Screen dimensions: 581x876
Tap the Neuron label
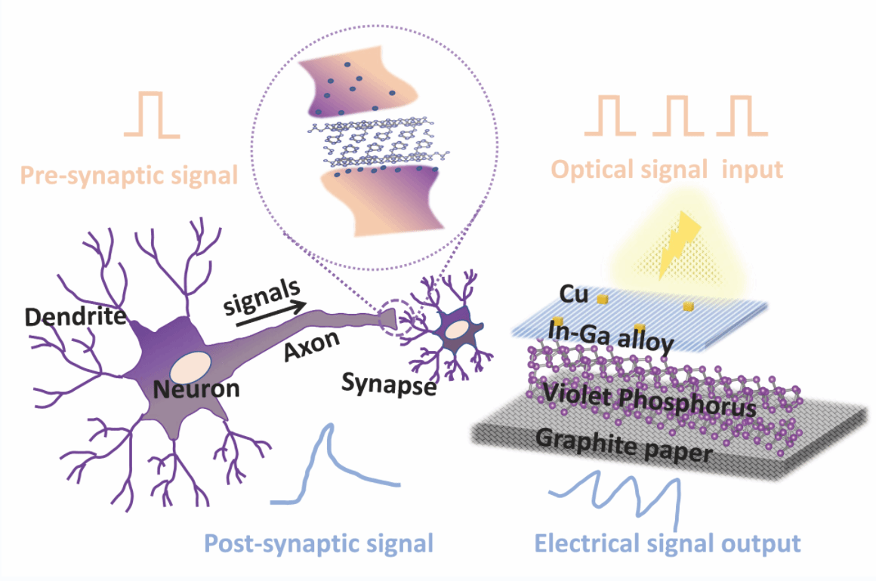pos(196,389)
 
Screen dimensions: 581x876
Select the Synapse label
pos(389,385)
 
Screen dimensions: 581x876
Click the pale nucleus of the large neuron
pos(190,367)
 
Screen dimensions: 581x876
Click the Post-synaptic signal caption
pos(319,543)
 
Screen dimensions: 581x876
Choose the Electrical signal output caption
pos(667,543)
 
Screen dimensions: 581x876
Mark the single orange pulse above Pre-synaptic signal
pos(153,115)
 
